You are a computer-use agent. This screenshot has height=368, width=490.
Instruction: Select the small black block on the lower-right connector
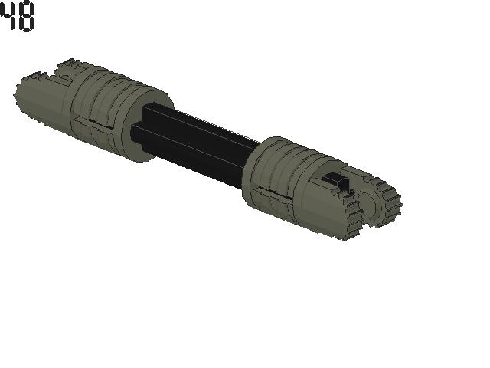pyautogui.click(x=336, y=182)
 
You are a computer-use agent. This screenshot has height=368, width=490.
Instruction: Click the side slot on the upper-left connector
pyautogui.click(x=90, y=123)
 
